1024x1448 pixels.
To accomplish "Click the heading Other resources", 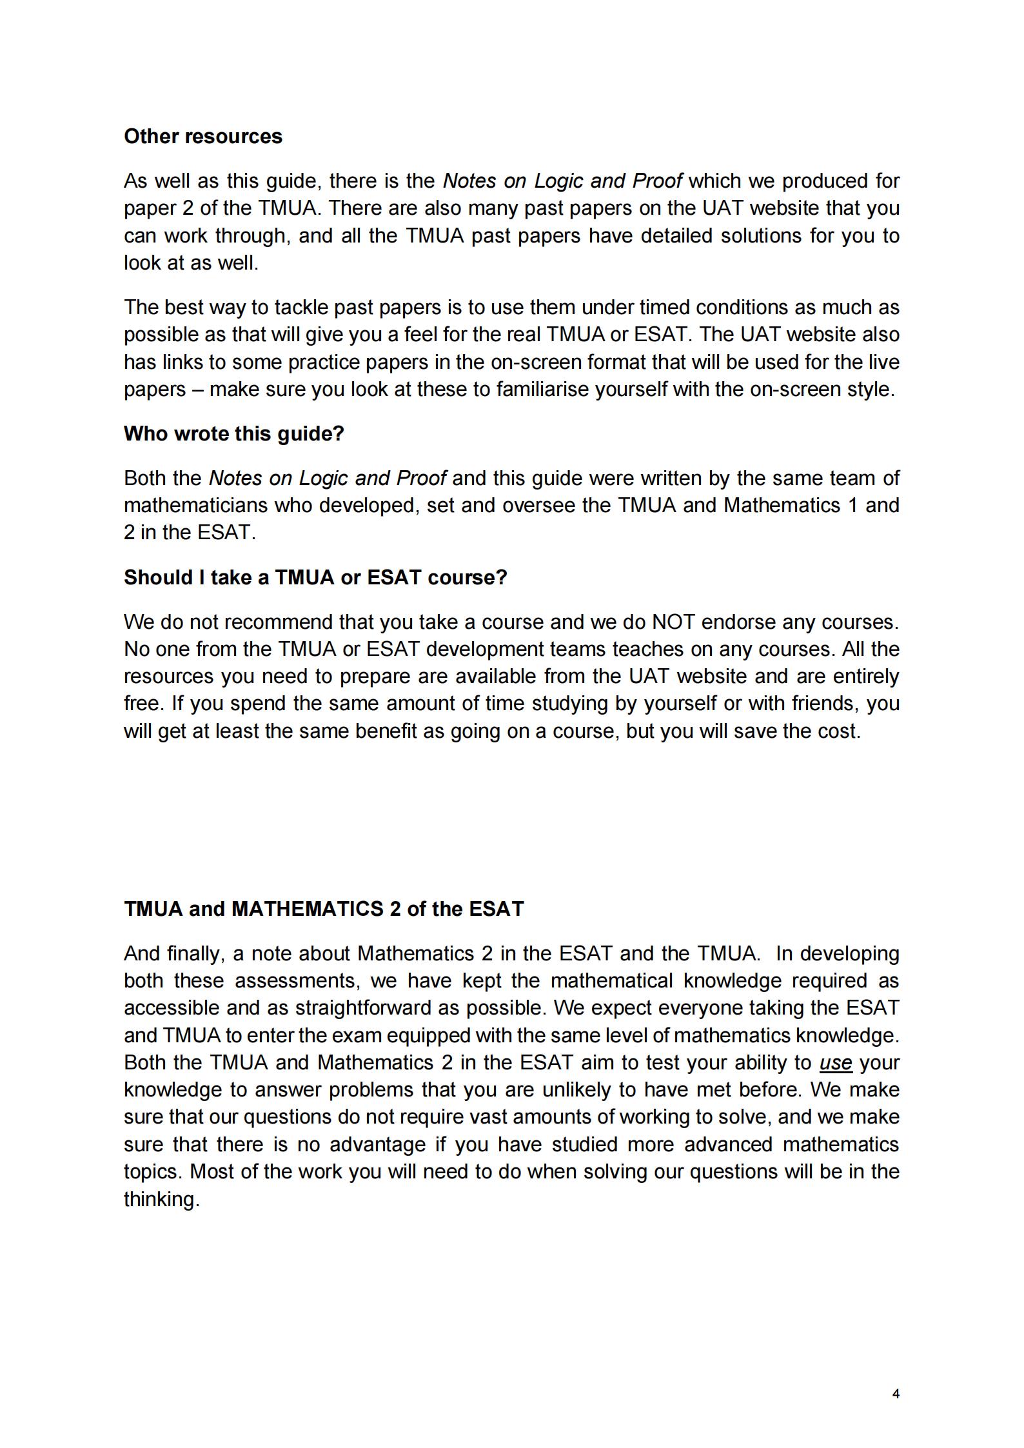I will click(203, 137).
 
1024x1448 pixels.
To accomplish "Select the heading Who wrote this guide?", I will click(234, 433).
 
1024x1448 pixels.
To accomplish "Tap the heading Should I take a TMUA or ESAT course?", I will click(315, 577).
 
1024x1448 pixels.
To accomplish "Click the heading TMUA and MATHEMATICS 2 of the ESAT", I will click(324, 909).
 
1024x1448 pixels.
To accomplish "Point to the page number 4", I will click(896, 1394).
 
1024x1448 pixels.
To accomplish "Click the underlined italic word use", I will click(836, 1063).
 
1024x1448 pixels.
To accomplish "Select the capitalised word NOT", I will click(673, 622).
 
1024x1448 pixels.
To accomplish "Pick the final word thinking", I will click(161, 1200).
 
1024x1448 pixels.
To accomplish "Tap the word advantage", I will click(377, 1145).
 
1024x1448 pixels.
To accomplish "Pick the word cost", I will click(837, 731).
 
